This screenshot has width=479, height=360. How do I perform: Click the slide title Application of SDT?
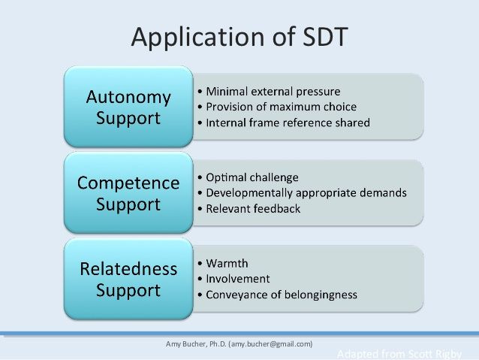pyautogui.click(x=239, y=36)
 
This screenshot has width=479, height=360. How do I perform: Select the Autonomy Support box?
pyautogui.click(x=128, y=107)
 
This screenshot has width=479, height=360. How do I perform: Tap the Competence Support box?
pyautogui.click(x=128, y=193)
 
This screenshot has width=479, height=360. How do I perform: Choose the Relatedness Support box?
pyautogui.click(x=128, y=279)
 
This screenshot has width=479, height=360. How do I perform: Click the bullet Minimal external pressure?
pyautogui.click(x=273, y=92)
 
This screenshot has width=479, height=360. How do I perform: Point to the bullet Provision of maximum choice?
pyautogui.click(x=281, y=107)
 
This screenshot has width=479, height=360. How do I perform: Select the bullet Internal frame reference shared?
pyautogui.click(x=288, y=123)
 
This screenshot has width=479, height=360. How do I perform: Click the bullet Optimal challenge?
pyautogui.click(x=252, y=177)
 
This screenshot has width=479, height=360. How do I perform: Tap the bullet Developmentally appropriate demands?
pyautogui.click(x=306, y=192)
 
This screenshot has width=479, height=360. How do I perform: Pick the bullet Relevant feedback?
pyautogui.click(x=253, y=208)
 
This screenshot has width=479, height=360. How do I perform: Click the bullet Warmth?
pyautogui.click(x=227, y=263)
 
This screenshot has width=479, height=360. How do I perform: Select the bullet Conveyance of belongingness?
pyautogui.click(x=281, y=295)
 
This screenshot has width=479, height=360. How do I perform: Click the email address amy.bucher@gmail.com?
pyautogui.click(x=271, y=344)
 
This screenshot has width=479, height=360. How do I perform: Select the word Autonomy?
pyautogui.click(x=128, y=97)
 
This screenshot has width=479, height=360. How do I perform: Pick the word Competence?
pyautogui.click(x=128, y=183)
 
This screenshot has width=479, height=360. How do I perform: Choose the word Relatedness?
pyautogui.click(x=128, y=269)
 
